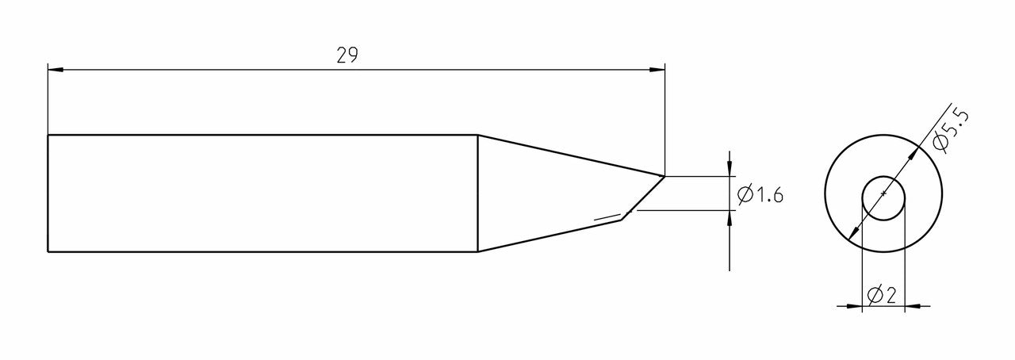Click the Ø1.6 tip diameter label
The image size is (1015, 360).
click(760, 194)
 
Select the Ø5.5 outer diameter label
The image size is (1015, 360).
click(952, 130)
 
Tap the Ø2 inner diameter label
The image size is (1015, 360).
click(882, 296)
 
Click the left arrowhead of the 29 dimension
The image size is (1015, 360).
click(55, 70)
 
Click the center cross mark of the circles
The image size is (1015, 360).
click(883, 193)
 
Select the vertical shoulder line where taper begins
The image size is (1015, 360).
click(477, 193)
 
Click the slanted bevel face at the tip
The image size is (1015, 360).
click(643, 195)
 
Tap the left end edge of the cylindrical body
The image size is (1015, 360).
click(48, 193)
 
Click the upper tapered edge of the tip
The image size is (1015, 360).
click(571, 155)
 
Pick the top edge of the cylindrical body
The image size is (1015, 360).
click(262, 135)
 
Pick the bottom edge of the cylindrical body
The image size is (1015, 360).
click(262, 252)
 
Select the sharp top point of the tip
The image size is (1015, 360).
click(664, 175)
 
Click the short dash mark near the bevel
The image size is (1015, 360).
click(607, 216)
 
